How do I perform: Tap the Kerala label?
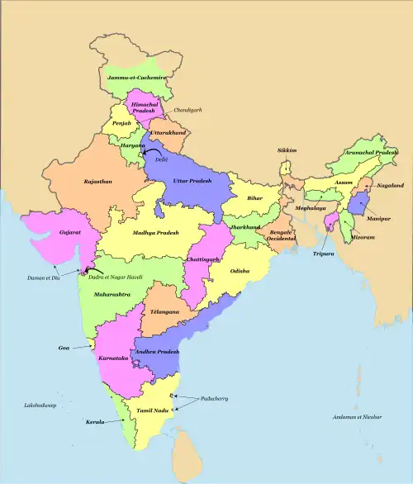tap(95, 422)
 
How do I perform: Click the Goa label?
tap(64, 349)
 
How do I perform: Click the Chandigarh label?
tap(187, 110)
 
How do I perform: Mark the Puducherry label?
tap(214, 399)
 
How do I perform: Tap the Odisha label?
tap(240, 271)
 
